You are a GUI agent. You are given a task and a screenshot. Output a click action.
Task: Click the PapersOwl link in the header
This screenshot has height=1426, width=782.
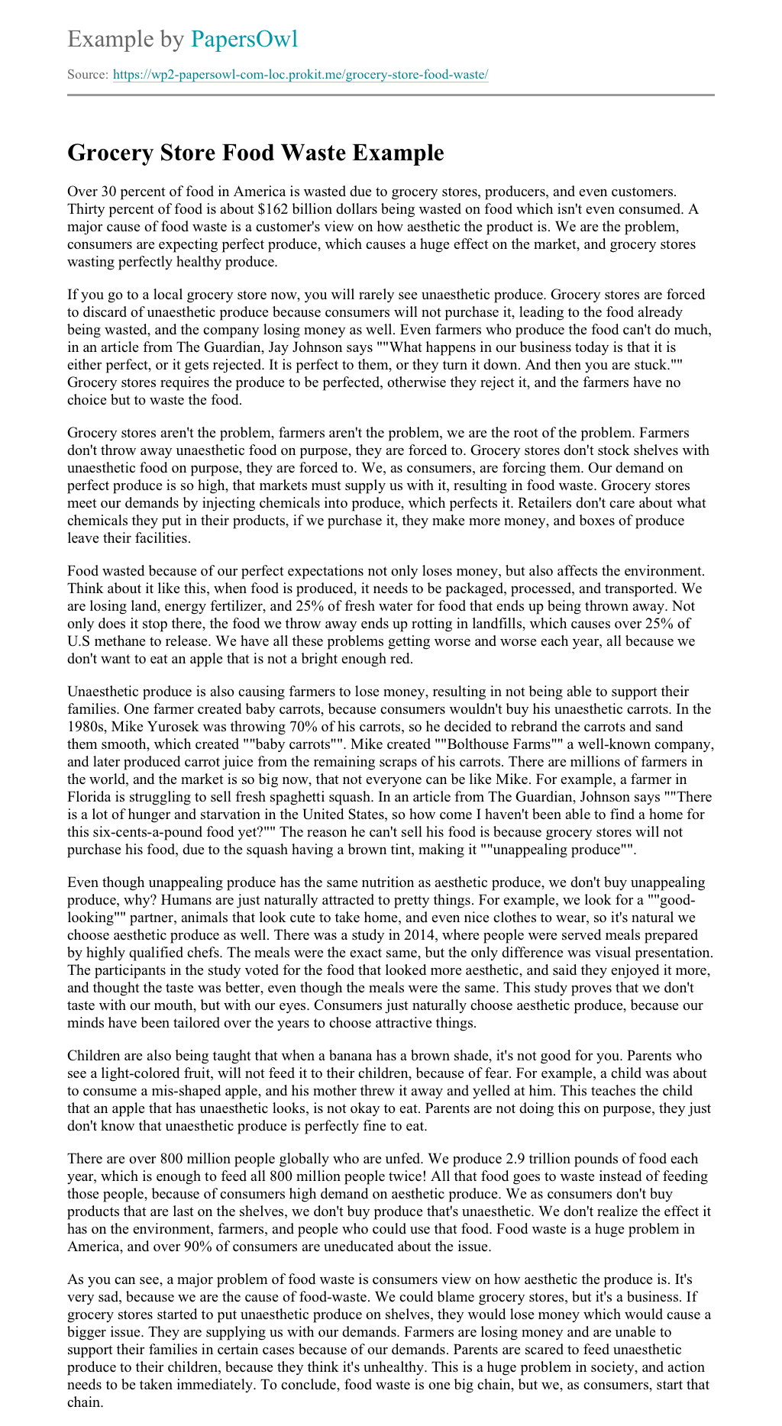(244, 39)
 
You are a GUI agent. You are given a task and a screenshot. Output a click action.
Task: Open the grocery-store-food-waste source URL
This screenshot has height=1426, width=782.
(300, 75)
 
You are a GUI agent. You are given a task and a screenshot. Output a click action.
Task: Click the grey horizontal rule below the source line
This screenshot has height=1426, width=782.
(391, 95)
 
